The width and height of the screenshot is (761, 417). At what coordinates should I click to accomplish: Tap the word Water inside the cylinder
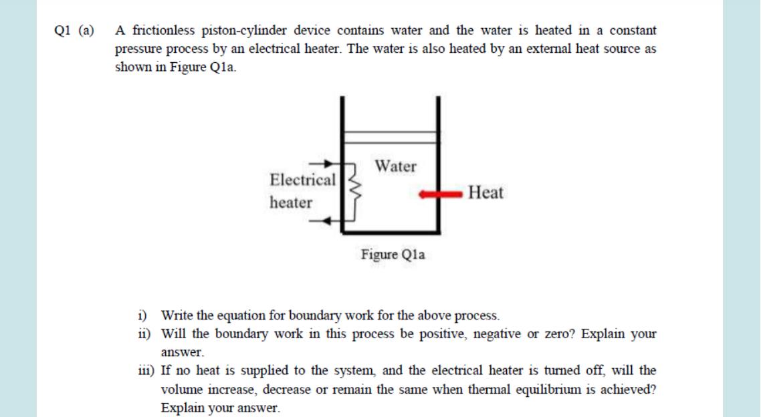point(395,166)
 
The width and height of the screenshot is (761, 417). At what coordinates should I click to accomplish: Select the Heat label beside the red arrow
point(486,194)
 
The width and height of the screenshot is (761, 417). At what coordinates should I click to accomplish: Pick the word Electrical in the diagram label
point(302,180)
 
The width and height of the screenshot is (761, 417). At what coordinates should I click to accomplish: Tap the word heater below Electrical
point(291,202)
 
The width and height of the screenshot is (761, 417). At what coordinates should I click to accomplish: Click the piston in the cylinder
point(390,137)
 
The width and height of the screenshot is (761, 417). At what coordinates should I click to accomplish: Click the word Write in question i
point(177,315)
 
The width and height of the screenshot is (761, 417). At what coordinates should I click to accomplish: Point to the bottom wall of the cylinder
point(391,232)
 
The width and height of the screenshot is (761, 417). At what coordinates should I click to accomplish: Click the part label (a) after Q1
point(87,31)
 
